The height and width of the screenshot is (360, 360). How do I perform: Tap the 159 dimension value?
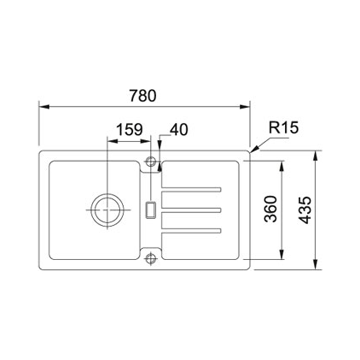click(130, 130)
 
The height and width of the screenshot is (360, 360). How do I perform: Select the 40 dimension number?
click(179, 130)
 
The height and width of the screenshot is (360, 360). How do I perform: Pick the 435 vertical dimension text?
click(305, 210)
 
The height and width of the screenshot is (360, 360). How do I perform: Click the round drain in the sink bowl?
click(107, 210)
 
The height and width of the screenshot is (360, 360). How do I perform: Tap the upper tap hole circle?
click(150, 162)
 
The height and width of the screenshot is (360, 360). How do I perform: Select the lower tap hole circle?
click(150, 259)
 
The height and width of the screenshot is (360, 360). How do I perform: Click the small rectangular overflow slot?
click(150, 210)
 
